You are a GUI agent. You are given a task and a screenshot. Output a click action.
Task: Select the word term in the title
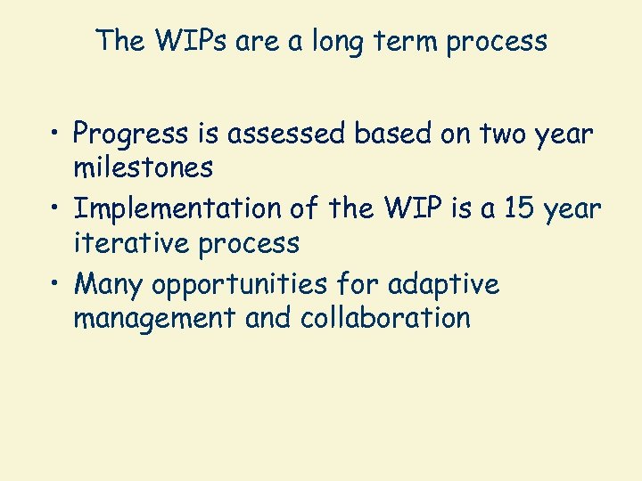click(x=398, y=41)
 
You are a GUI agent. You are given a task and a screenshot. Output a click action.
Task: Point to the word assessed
click(x=297, y=134)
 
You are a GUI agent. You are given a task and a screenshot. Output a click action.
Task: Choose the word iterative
click(x=132, y=241)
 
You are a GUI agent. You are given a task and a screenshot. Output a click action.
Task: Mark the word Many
click(x=110, y=285)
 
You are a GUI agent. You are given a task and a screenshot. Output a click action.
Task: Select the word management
click(x=155, y=317)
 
